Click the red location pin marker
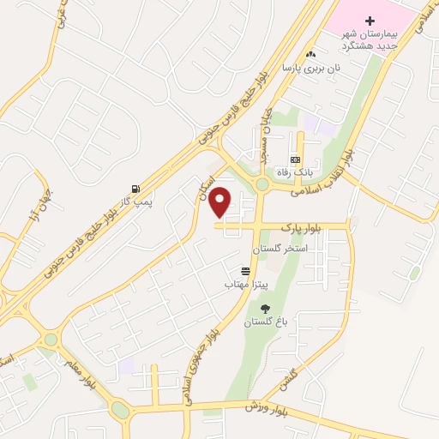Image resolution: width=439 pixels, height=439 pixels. coord(221,201)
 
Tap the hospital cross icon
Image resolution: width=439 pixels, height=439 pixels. coord(370,20)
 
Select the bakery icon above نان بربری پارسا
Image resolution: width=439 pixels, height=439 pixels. coord(310,55)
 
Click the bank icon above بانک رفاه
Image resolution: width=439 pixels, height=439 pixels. coord(295,159)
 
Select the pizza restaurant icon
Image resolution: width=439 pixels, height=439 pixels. coord(246,271)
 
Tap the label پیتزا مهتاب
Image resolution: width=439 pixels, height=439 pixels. coord(247,283)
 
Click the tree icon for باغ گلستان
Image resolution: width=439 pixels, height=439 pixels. coord(263,309)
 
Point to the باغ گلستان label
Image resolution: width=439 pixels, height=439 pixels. coord(262,322)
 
